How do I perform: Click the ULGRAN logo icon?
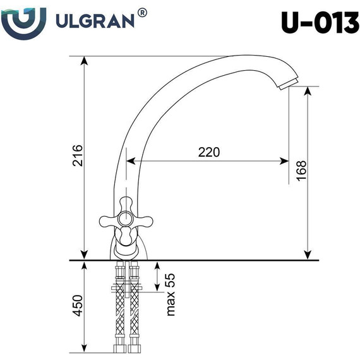click(x=23, y=23)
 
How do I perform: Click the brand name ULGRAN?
click(x=95, y=23)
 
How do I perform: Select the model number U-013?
click(x=317, y=23)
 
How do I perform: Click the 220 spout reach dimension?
click(x=208, y=152)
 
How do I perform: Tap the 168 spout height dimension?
click(x=301, y=169)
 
